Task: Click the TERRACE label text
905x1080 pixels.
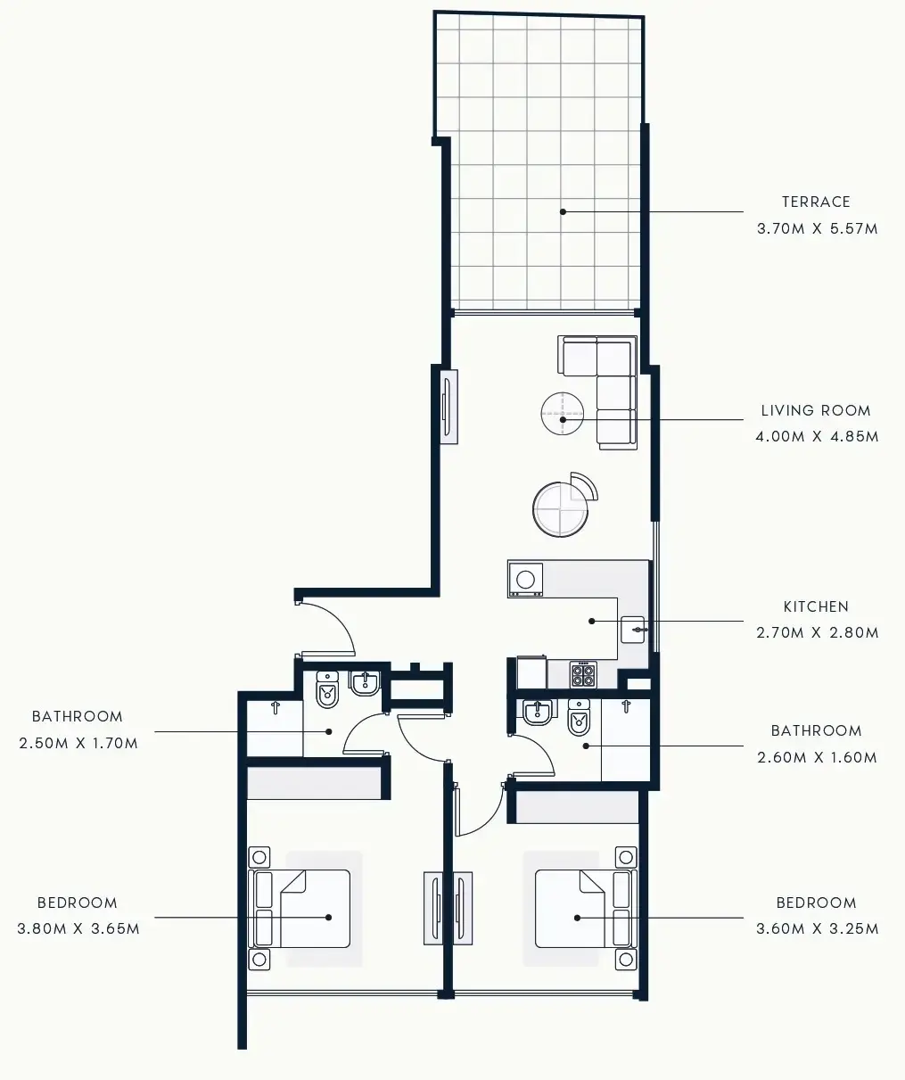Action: (816, 202)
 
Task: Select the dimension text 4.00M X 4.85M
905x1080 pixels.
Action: (817, 437)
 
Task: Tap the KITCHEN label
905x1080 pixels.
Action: (816, 606)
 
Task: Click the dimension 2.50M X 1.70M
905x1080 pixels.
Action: (78, 743)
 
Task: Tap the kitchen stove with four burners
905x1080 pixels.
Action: (583, 674)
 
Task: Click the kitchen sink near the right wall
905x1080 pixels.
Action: (636, 631)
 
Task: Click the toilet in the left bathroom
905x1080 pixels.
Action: (327, 690)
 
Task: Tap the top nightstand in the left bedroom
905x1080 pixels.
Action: (259, 858)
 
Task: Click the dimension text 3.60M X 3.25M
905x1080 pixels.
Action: (817, 928)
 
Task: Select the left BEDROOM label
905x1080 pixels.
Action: (78, 903)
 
